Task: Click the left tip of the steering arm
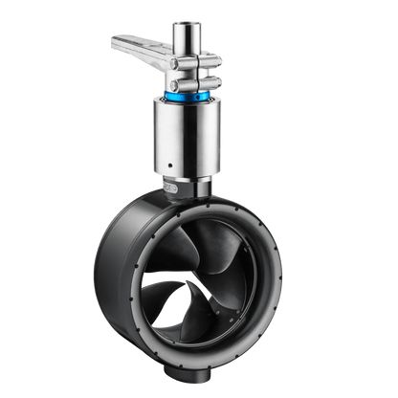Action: coord(117,40)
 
